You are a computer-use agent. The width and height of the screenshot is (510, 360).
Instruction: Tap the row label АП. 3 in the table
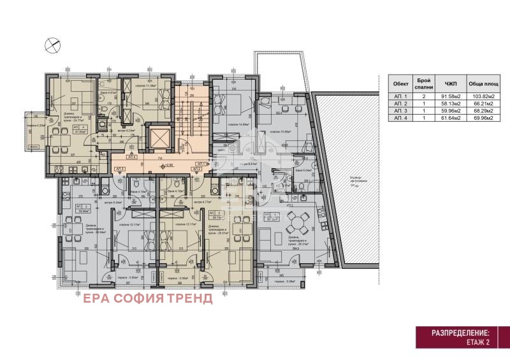[x=400, y=110]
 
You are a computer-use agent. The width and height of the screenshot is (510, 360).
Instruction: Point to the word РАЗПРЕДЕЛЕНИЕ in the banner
[x=461, y=333]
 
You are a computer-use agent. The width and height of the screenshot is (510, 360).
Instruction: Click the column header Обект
[x=400, y=83]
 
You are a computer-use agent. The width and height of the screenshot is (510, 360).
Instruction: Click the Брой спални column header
[x=424, y=83]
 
